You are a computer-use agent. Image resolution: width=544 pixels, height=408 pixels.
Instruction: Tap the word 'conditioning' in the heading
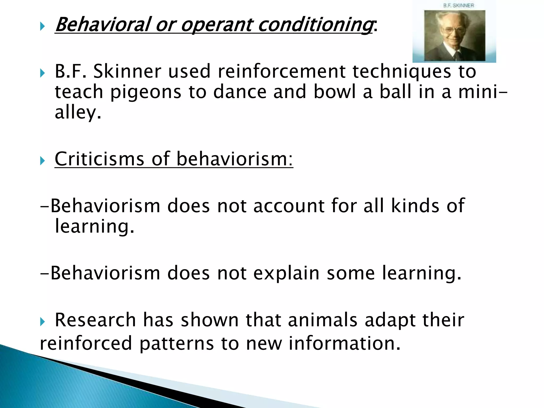tap(315, 25)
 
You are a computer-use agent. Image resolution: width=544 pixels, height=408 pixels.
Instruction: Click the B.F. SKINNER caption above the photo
tap(458, 6)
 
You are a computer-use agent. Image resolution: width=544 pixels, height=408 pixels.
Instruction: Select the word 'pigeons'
tap(145, 92)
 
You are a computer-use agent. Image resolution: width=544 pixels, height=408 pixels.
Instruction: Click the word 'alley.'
tap(78, 112)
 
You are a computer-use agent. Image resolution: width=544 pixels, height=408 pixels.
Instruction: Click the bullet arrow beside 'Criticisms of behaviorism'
tap(42, 161)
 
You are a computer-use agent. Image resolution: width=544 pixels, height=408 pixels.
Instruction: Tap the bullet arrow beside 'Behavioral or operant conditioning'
tap(42, 26)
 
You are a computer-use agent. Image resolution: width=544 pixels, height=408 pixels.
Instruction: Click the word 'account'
tap(289, 206)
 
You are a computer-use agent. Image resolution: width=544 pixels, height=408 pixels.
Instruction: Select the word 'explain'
tap(286, 274)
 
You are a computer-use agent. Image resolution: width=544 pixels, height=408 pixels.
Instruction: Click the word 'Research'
tap(95, 320)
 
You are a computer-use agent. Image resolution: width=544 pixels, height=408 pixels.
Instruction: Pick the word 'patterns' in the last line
tap(177, 343)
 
